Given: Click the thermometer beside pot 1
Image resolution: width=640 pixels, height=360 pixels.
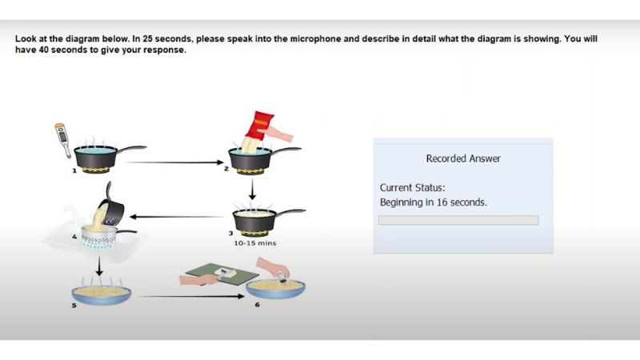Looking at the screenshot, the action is coord(62,138).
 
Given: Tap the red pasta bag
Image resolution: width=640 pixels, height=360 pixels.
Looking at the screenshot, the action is coord(259,125).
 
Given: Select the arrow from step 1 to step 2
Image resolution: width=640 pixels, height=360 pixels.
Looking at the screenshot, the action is coord(174,162).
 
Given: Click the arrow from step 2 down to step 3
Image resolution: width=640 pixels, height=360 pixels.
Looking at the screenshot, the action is coord(252,189).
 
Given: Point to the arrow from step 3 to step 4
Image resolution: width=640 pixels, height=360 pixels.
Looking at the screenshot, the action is coord(176,217).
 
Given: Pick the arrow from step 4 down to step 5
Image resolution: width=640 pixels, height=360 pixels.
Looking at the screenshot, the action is coord(99,266).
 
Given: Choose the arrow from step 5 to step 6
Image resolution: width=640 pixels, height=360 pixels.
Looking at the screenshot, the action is coord(191,296).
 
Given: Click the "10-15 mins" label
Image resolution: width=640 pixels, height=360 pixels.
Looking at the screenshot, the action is coord(255,243).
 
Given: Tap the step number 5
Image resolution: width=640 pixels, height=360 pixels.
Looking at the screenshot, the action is coord(74,306).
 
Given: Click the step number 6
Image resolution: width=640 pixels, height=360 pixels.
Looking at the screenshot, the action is coord(257,305).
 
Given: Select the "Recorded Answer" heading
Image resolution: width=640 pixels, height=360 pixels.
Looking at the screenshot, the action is coord(463,158).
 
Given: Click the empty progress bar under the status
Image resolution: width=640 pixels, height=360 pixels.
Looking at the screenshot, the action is coord(458,221).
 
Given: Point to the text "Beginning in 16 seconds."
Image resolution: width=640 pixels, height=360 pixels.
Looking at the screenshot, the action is coord(434,202).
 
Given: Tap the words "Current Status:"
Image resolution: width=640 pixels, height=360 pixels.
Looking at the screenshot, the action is coord(413,188).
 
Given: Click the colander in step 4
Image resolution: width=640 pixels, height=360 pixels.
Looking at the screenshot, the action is coord(100,236).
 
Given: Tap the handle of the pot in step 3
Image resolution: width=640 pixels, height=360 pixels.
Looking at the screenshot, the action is coord(291,212).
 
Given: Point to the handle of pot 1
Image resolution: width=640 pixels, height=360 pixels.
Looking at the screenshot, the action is coord(131,149).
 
